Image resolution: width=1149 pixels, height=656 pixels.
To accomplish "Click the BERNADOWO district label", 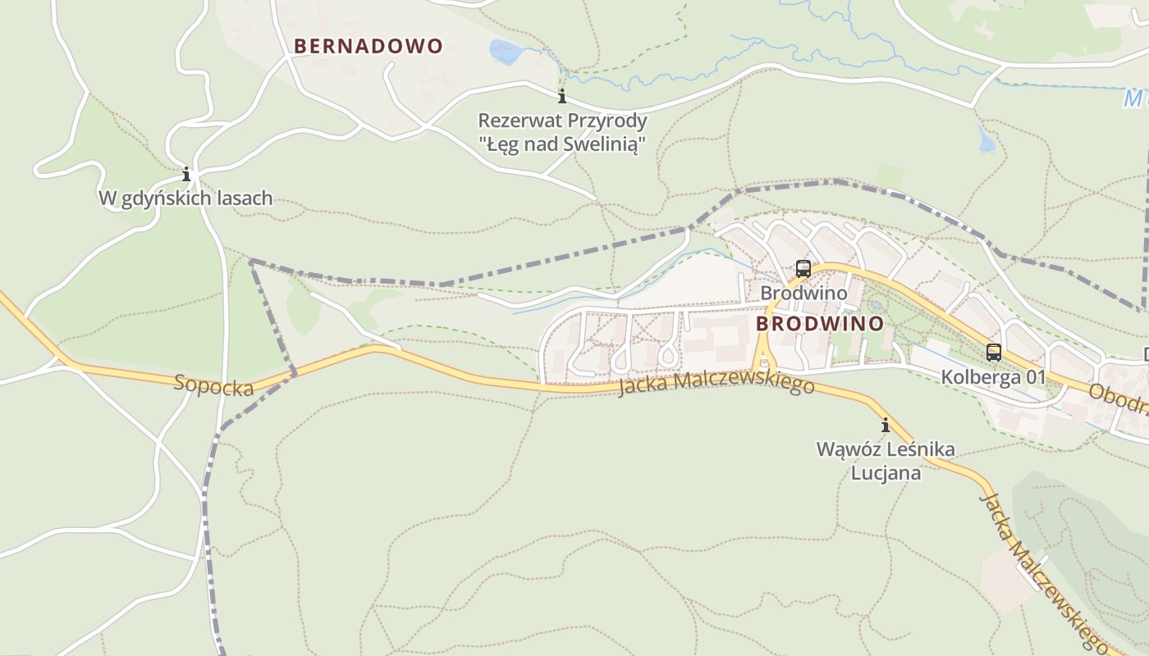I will [x=368, y=46].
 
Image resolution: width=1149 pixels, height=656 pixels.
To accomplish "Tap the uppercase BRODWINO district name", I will [x=819, y=324].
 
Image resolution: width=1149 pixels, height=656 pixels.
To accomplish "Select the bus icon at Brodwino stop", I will [x=803, y=269].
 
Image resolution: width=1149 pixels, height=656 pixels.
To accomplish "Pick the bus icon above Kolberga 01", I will [x=993, y=353].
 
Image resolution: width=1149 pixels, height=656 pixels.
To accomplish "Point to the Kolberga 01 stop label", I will [x=993, y=377].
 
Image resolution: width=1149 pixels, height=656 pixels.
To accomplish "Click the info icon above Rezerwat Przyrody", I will [x=562, y=97].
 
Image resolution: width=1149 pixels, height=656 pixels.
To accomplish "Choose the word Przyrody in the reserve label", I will [x=609, y=121].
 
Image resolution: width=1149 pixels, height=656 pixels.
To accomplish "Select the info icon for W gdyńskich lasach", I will [x=186, y=174].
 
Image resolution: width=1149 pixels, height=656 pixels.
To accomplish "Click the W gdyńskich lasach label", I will [x=185, y=198].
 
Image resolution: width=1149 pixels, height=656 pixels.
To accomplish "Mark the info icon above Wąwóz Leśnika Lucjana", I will [x=886, y=425].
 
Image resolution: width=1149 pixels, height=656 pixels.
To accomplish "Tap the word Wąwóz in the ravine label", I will [x=844, y=449].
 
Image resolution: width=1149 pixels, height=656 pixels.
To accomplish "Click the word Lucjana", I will [x=886, y=473].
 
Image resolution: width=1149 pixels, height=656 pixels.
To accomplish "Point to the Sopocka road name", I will [x=213, y=385].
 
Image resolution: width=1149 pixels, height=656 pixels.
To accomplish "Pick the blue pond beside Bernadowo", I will [x=506, y=52].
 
